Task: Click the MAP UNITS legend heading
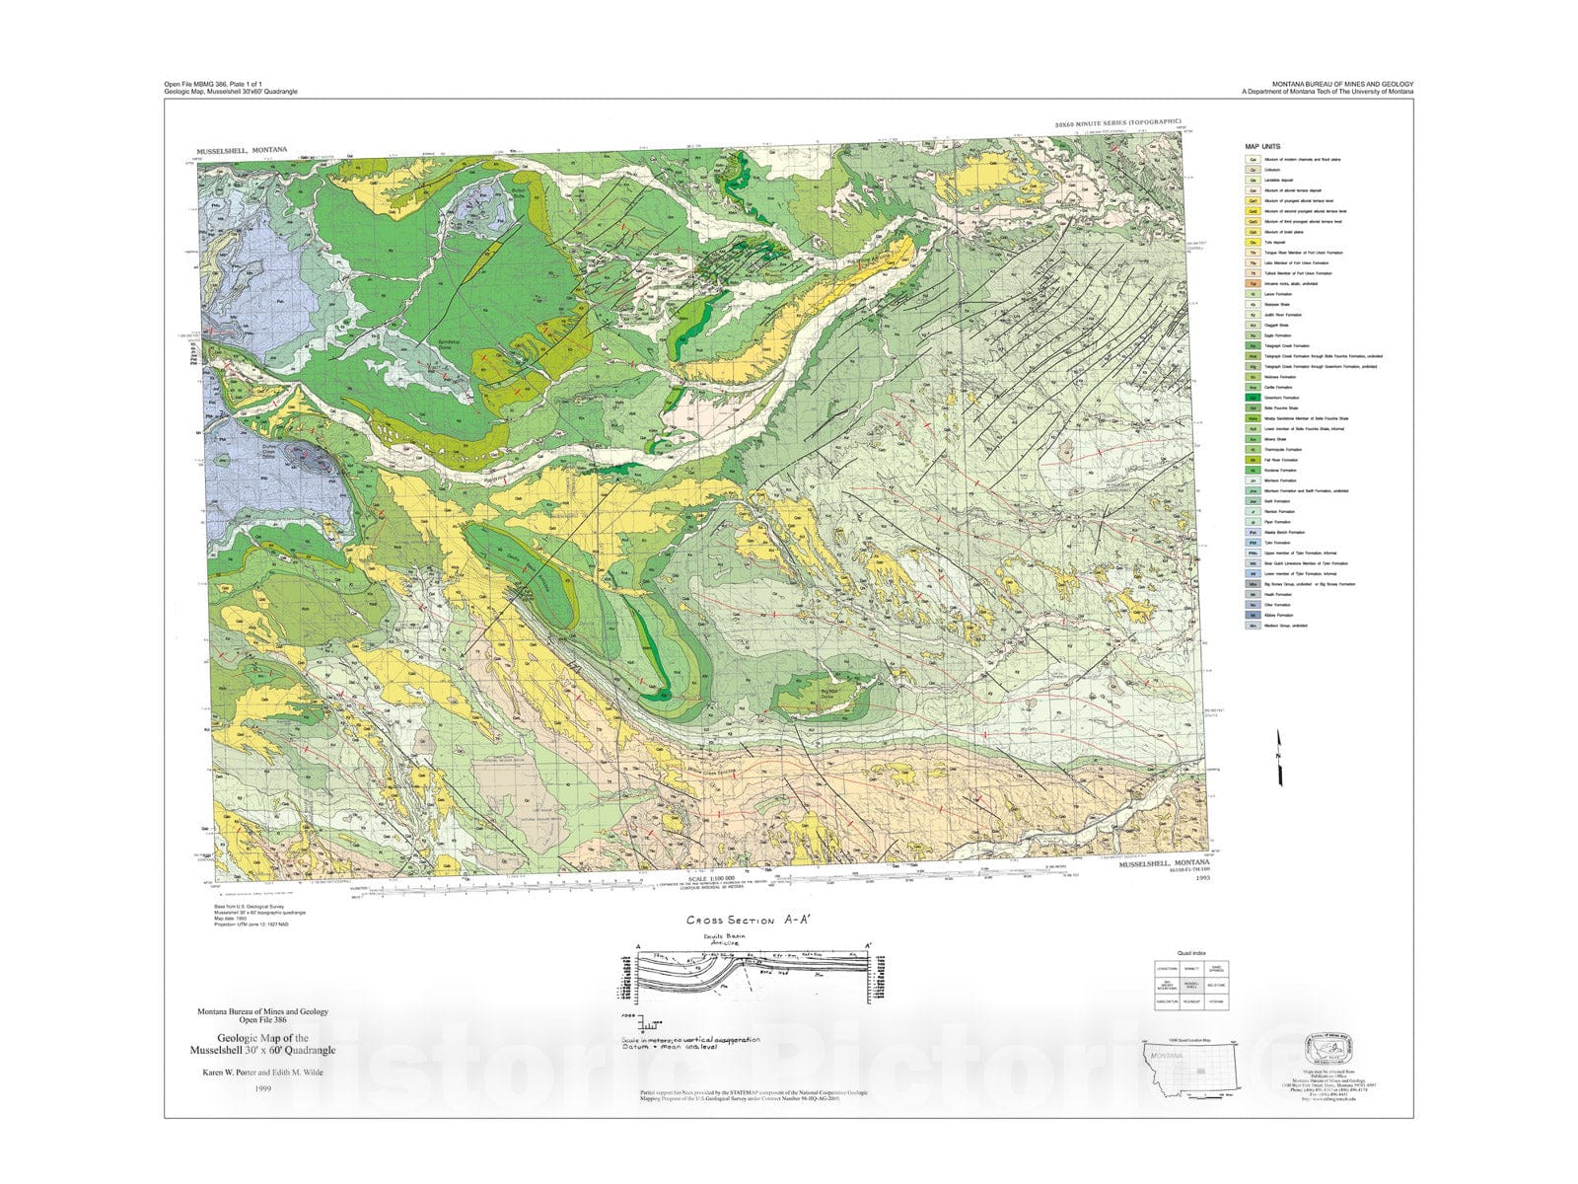(1262, 146)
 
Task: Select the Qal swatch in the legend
(1253, 159)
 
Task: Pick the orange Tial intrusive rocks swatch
(1253, 283)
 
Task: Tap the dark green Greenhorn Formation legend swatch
(1253, 398)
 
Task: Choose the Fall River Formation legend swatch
(1253, 460)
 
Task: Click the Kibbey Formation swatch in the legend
(1253, 615)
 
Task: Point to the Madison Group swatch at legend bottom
(1253, 626)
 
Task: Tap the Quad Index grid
(1190, 985)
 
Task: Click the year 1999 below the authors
(261, 1088)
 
